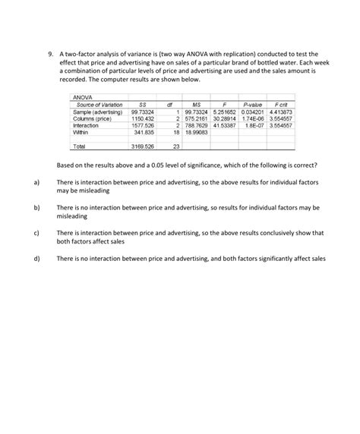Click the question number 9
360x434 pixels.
(x=49, y=55)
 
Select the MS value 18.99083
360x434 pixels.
(x=197, y=132)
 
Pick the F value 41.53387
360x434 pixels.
(x=225, y=125)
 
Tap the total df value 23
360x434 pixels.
(x=175, y=146)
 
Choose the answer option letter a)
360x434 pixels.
(x=36, y=183)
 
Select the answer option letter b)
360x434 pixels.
(x=36, y=207)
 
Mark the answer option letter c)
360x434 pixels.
(x=36, y=232)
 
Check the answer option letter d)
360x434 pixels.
(x=36, y=258)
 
